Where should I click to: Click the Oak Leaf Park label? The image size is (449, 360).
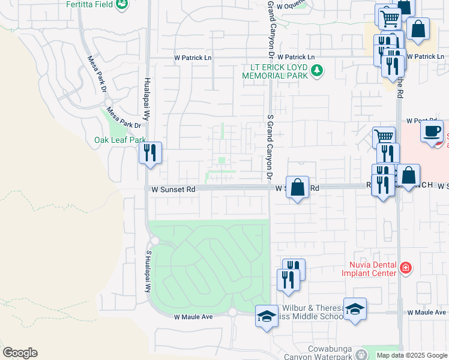(120, 140)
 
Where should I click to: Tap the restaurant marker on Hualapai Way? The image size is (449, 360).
(150, 152)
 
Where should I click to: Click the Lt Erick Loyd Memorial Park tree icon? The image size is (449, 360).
(318, 72)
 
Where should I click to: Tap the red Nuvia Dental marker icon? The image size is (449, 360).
(406, 268)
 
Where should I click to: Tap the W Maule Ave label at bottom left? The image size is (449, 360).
(194, 316)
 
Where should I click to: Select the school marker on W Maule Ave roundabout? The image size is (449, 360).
(267, 316)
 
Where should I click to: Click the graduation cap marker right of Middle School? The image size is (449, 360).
(355, 310)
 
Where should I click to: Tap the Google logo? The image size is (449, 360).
(20, 353)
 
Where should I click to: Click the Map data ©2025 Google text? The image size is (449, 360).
(412, 355)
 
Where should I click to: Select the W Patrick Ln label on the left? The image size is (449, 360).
(193, 58)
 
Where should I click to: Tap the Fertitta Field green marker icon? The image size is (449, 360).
(122, 4)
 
